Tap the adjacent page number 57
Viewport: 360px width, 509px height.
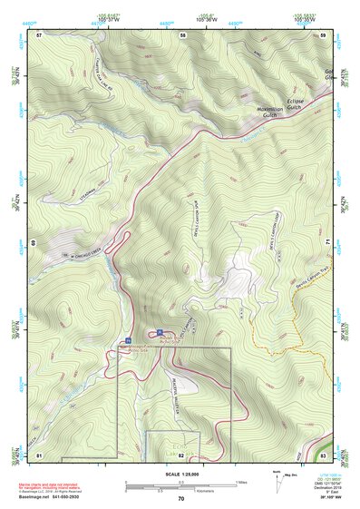pos(39,34)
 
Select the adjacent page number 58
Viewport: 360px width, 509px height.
pos(182,34)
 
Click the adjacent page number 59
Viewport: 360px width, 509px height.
pos(324,34)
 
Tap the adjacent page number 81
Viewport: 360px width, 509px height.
pos(39,454)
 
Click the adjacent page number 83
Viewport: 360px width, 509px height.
pos(324,454)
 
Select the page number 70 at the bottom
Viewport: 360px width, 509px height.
pos(180,498)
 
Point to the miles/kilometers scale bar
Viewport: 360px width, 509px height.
pos(181,484)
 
